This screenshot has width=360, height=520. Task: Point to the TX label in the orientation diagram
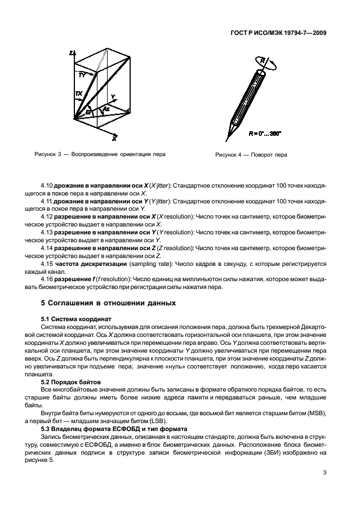[78, 94]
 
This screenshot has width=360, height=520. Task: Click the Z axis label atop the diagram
[71, 53]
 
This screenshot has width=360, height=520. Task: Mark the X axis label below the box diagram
[114, 138]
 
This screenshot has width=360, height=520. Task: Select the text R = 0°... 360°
[264, 134]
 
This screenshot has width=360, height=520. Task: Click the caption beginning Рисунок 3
[100, 154]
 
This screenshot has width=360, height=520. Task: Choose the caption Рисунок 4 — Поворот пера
[251, 155]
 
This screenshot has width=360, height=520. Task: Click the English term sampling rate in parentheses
[137, 263]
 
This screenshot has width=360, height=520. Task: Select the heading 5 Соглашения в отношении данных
[108, 303]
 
